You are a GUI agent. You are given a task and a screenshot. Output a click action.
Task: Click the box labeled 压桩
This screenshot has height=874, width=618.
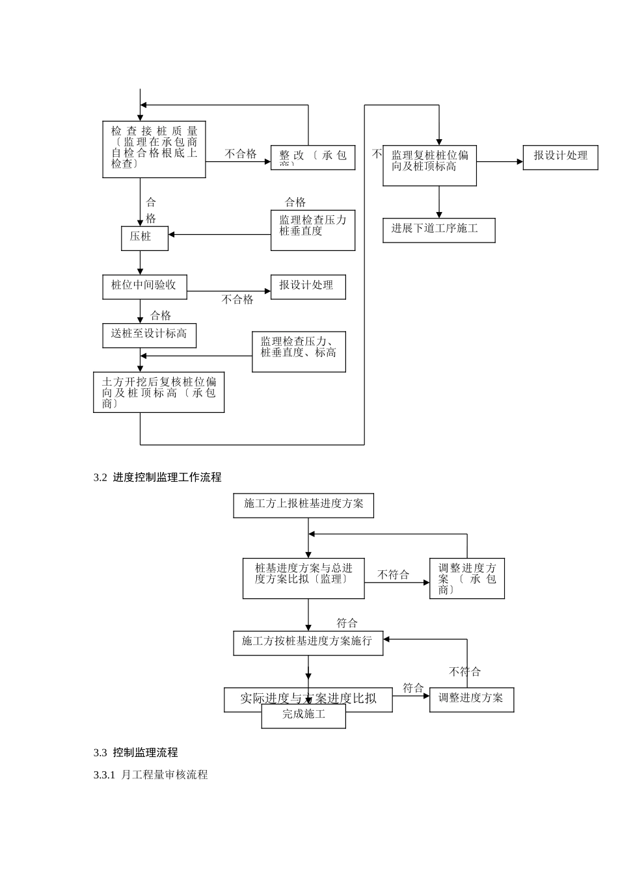(x=144, y=238)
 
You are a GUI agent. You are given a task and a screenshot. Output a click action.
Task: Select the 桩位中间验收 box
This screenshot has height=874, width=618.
(x=144, y=287)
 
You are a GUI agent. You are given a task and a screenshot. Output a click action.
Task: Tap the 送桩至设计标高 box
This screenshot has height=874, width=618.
(x=149, y=336)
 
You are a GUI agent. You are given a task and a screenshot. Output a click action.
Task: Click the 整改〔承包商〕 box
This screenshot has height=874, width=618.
(x=312, y=157)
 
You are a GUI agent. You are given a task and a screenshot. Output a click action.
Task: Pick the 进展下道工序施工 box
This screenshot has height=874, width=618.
(x=438, y=230)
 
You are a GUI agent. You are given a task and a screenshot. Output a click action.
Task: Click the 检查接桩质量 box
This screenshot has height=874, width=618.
(x=154, y=149)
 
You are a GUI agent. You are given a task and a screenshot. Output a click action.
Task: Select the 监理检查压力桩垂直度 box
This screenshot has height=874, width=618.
(x=312, y=230)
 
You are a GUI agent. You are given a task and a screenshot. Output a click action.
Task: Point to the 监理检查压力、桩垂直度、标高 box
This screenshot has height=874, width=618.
(x=299, y=352)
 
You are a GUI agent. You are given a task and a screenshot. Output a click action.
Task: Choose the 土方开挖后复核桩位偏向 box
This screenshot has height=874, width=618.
(x=159, y=392)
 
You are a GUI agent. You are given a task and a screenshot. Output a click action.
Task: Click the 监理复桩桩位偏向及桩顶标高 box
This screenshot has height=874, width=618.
(x=429, y=165)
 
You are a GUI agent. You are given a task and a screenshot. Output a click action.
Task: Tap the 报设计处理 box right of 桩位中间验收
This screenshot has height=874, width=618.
(x=308, y=287)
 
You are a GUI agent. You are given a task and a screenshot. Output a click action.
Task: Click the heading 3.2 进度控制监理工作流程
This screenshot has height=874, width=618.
(x=157, y=477)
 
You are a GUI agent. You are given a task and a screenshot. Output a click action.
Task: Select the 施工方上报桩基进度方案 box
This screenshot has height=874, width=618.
(x=303, y=505)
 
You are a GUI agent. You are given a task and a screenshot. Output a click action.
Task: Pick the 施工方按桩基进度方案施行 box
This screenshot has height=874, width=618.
(x=308, y=642)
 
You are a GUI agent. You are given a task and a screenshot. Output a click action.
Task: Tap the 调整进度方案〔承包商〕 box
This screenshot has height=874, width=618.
(x=466, y=578)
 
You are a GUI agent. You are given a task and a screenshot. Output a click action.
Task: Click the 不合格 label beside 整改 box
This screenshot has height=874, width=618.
(x=241, y=154)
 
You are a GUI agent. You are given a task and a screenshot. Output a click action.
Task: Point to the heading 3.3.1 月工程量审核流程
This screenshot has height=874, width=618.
(x=151, y=775)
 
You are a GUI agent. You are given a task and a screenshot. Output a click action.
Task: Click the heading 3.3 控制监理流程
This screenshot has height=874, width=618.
(x=136, y=752)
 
